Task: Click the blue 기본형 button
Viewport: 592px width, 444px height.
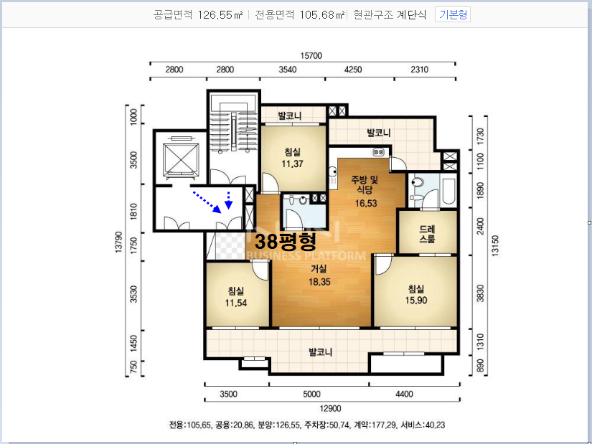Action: (453, 15)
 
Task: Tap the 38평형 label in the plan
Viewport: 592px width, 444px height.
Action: (286, 241)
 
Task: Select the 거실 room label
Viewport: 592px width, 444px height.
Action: (319, 269)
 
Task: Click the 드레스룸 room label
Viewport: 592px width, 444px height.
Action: (428, 234)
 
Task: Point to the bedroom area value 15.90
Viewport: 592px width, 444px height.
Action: (416, 301)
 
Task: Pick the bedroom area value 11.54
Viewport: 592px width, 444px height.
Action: (236, 303)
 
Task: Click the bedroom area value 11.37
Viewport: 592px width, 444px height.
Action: (292, 164)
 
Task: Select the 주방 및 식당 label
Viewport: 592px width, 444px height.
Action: (365, 184)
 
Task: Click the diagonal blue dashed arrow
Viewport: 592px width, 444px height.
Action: (207, 202)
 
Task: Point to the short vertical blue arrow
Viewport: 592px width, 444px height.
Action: (228, 200)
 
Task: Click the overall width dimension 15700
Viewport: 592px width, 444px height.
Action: (311, 56)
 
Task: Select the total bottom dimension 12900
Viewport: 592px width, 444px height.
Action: (330, 409)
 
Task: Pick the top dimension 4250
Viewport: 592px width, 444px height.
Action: (353, 70)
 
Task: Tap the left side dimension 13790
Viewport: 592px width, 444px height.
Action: (119, 242)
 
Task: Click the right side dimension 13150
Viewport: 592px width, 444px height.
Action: (495, 246)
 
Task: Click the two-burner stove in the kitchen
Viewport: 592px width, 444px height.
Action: (379, 152)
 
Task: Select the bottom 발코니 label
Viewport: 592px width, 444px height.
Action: (321, 352)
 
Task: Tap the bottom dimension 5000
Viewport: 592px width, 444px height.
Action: (311, 395)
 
